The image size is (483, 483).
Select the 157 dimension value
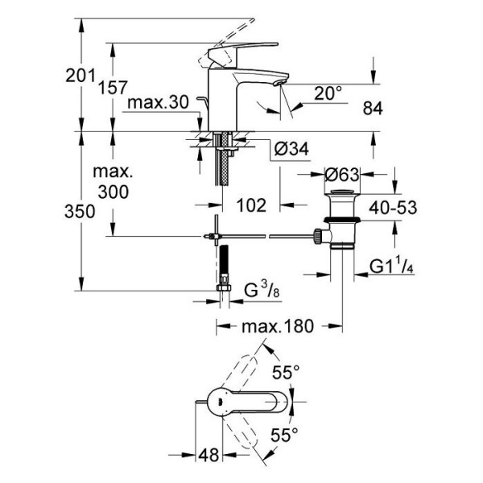[x=114, y=89]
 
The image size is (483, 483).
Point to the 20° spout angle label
[x=328, y=93]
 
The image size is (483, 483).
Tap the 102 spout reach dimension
[x=252, y=205]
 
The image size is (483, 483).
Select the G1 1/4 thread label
[x=393, y=266]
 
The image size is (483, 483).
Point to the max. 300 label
[x=113, y=184]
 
